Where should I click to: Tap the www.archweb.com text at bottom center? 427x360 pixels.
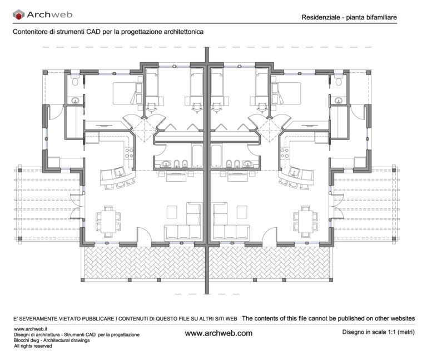(x=218, y=333)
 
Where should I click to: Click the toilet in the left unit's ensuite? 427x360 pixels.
(x=75, y=82)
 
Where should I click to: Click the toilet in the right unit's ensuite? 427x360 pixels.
(x=339, y=82)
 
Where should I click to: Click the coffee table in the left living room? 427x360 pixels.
(x=172, y=211)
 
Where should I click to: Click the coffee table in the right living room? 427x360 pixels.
(x=242, y=211)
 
